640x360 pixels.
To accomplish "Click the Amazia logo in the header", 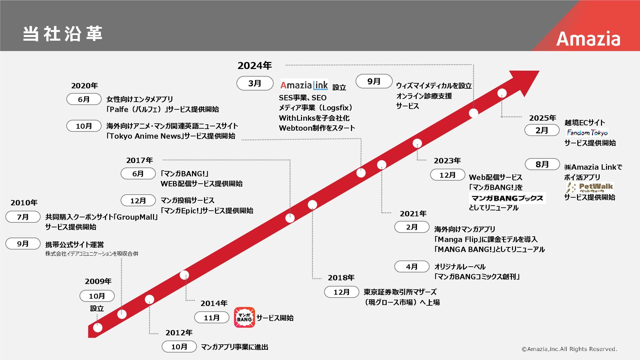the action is (x=588, y=39).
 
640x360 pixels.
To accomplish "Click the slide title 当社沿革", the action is (x=63, y=34).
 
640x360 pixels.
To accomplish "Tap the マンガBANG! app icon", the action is (x=244, y=317).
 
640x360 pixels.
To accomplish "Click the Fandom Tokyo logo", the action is (x=587, y=133).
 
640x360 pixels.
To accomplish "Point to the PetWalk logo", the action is (x=590, y=187).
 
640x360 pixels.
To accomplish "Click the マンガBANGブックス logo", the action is (x=507, y=198).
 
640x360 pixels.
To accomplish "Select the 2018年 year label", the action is (x=341, y=278).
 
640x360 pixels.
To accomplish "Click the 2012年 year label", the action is (x=179, y=333).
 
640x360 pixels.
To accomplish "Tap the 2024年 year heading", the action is (x=255, y=66).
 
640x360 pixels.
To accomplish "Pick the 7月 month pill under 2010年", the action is (x=23, y=217).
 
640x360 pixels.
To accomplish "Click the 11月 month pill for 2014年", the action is (x=212, y=318).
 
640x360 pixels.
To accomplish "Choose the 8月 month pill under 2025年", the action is (x=542, y=164).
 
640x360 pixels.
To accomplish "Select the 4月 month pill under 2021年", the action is (x=412, y=267).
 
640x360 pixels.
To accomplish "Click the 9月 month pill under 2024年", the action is (x=374, y=81).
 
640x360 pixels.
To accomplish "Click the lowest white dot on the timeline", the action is (x=98, y=327).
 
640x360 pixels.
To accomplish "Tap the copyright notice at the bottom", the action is (x=569, y=349).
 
